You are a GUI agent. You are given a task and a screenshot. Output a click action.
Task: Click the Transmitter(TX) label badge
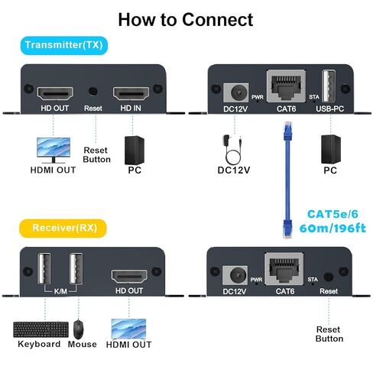(x=65, y=45)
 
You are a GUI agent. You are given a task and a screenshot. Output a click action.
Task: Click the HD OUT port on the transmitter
(x=56, y=94)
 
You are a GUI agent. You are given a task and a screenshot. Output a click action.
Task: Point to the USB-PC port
(x=329, y=84)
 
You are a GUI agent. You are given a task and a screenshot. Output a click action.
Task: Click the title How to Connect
(x=186, y=18)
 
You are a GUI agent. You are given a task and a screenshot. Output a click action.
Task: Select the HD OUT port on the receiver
(x=129, y=277)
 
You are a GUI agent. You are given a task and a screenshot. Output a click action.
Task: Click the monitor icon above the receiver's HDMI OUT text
(x=128, y=329)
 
